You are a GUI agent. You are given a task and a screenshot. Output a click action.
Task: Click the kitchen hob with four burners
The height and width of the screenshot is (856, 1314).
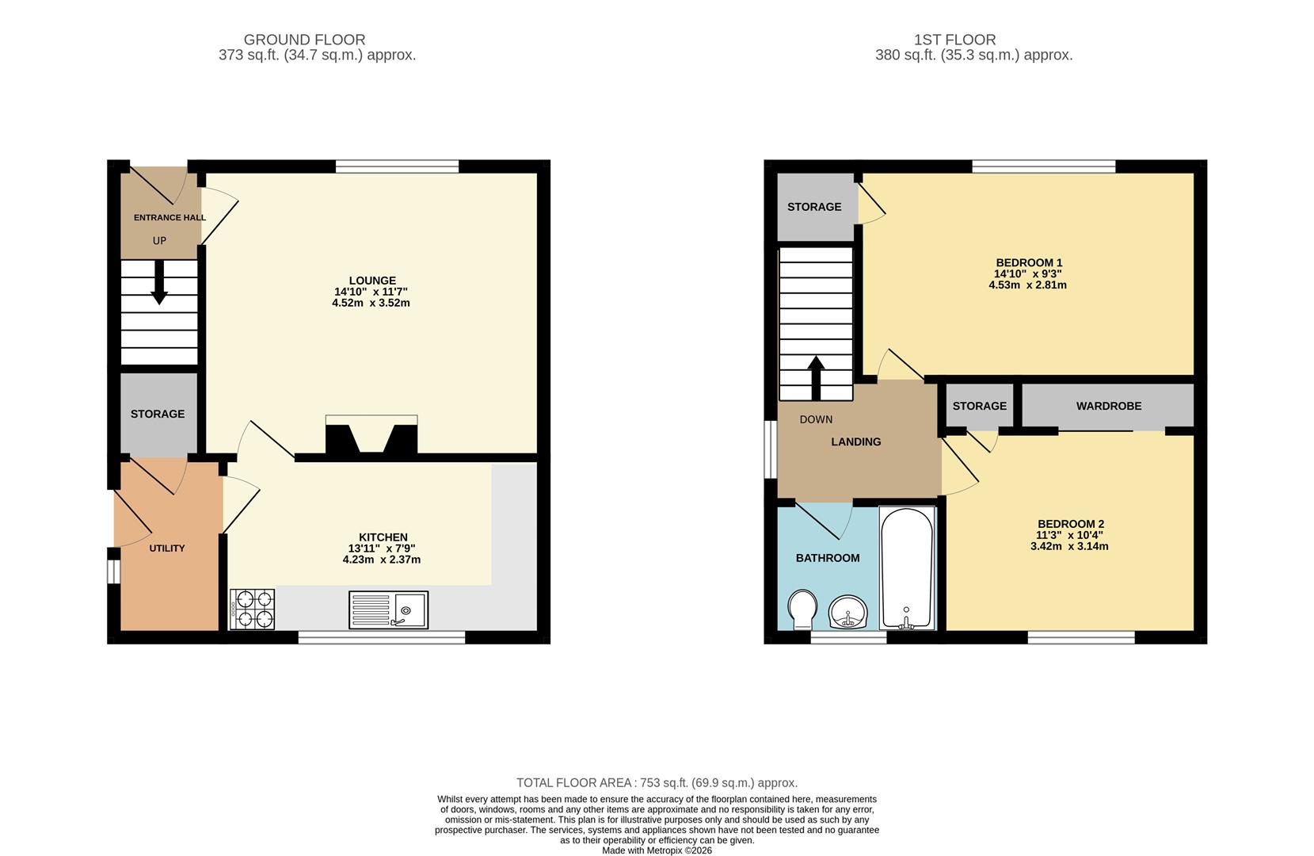252,610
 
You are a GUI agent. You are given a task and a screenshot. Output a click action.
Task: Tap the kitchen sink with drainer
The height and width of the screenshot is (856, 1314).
388,610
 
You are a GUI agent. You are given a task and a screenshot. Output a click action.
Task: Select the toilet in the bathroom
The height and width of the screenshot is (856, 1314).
803,608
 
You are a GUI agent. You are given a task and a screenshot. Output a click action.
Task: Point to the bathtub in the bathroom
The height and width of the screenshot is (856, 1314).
908,568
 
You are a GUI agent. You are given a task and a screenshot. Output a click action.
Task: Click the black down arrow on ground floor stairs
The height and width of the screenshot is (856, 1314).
159,282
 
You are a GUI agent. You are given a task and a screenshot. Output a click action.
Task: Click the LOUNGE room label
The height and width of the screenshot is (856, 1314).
372,281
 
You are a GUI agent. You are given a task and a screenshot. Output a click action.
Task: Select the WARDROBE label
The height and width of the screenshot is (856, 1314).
1108,406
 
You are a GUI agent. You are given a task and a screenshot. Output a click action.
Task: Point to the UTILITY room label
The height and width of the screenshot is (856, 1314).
167,548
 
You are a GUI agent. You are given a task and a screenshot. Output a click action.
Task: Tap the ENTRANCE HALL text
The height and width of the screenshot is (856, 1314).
169,218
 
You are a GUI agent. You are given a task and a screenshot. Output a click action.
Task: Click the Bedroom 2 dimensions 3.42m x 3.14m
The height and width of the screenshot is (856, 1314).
1069,546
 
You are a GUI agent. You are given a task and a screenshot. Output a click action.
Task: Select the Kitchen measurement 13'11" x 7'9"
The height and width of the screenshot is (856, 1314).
382,548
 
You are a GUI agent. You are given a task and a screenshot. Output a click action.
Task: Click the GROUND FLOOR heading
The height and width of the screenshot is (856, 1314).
304,40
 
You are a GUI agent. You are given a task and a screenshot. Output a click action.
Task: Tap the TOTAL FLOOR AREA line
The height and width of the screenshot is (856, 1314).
657,783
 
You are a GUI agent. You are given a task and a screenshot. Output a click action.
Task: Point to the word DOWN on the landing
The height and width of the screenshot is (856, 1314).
816,419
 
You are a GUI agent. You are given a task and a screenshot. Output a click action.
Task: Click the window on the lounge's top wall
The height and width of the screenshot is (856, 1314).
397,166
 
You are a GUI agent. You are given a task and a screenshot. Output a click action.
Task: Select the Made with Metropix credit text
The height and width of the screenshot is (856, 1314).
657,850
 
